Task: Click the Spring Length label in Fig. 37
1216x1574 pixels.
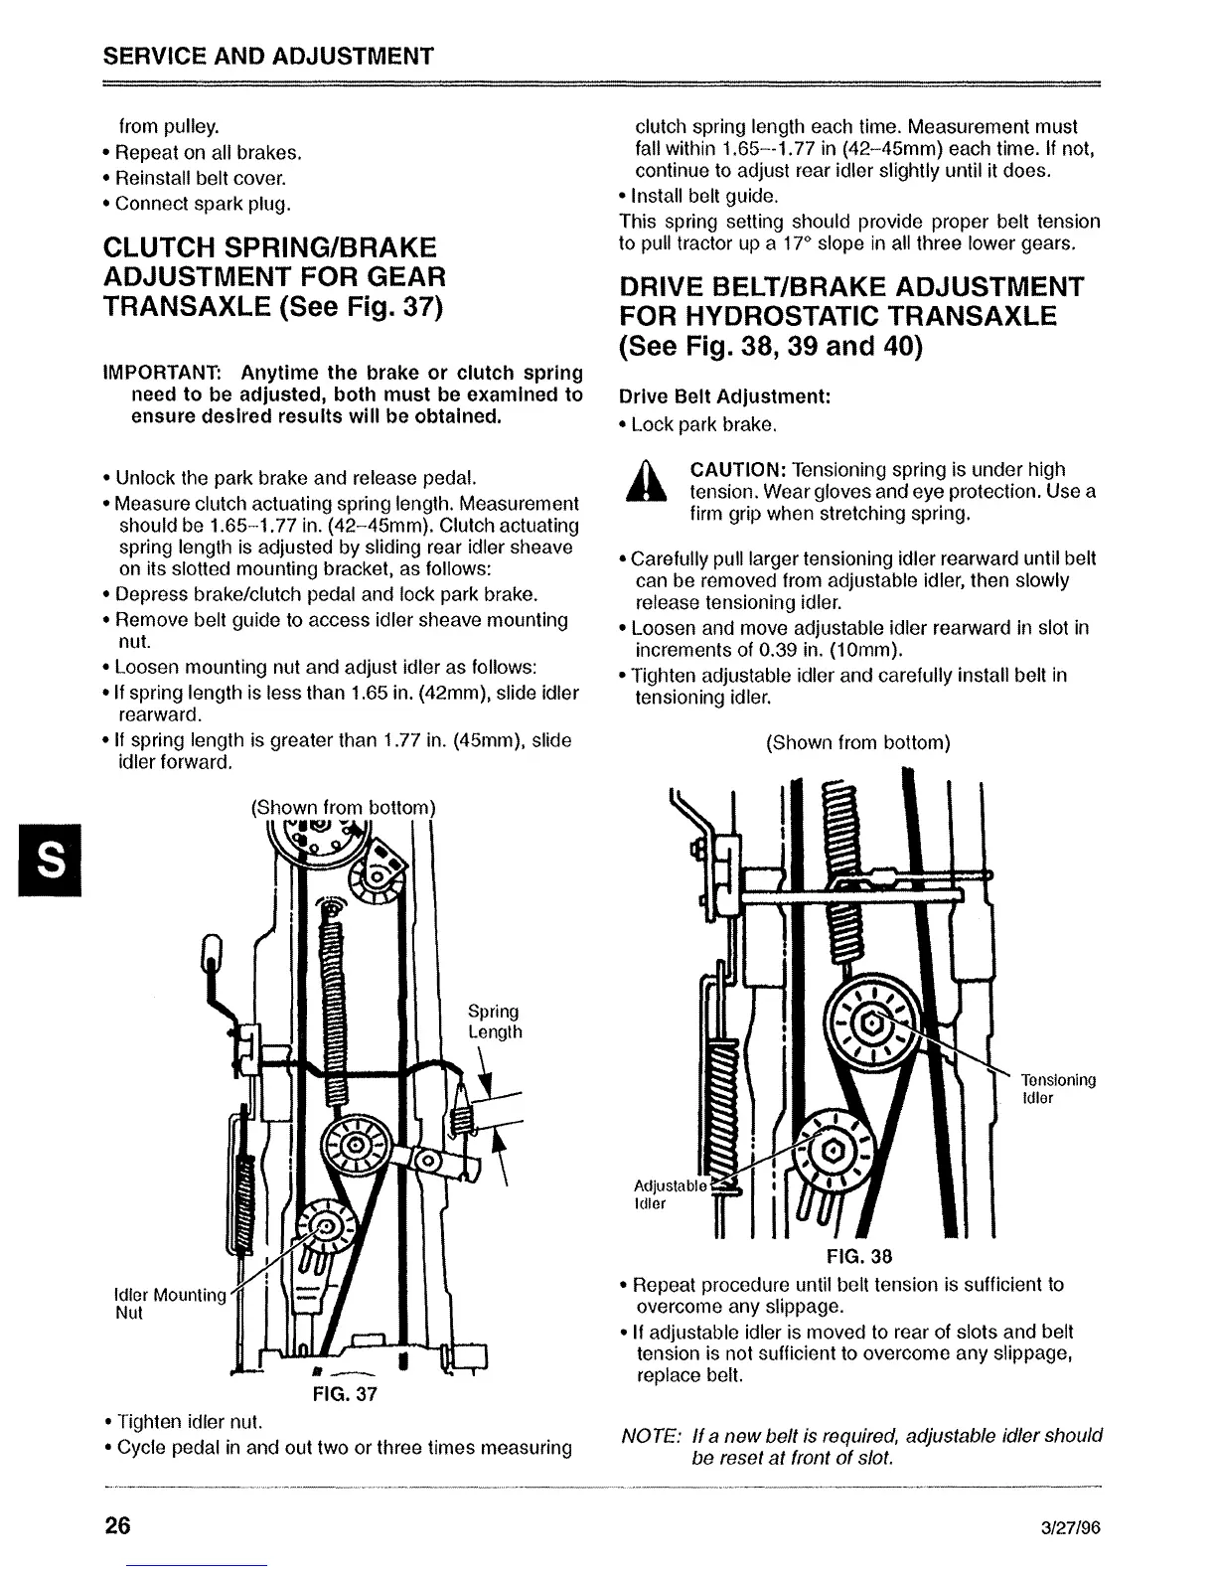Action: tap(494, 1022)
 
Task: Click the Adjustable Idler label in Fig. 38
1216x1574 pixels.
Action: tap(668, 1194)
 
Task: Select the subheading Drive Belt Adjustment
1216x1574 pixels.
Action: tap(724, 396)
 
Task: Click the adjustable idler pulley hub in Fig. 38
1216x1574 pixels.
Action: tap(832, 1151)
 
